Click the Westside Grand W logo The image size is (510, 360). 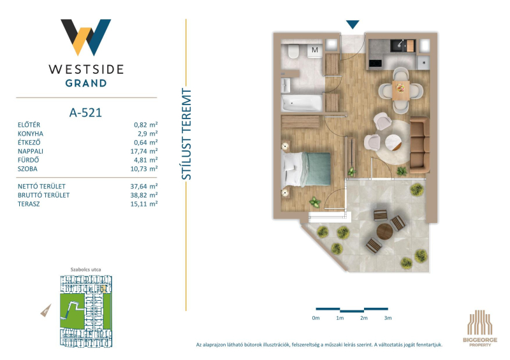pos(86,38)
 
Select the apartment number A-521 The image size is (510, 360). pos(86,113)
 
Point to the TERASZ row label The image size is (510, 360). pos(29,205)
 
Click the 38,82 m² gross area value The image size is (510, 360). pos(144,195)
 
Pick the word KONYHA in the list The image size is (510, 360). pos(30,134)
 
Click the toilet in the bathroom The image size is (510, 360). pos(294,51)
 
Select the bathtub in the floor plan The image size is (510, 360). pos(302,103)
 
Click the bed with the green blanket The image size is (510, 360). pos(307,169)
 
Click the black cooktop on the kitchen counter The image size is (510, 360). pos(375,64)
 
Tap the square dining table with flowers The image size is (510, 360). pos(401,90)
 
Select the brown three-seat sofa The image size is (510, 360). pos(419,145)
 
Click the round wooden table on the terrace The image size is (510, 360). pos(385,231)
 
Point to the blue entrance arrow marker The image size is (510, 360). pos(353,24)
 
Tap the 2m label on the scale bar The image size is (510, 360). pos(363,318)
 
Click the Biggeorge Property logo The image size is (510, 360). pos(480,328)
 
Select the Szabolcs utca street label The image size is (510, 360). pos(85,270)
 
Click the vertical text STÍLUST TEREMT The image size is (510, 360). pos(186,134)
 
